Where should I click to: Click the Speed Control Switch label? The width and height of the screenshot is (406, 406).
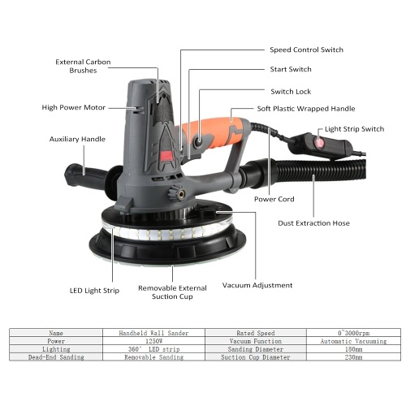[306, 50]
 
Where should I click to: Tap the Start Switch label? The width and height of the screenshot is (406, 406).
[291, 69]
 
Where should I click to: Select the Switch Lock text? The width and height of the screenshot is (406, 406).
[291, 92]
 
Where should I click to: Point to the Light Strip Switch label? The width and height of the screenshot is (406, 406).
[354, 129]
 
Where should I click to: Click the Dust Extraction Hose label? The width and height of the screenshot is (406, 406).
[313, 223]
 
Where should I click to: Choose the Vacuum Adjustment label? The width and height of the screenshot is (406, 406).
[257, 285]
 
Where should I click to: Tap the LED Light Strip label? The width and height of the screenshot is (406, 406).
[94, 291]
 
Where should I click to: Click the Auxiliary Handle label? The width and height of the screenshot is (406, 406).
[77, 139]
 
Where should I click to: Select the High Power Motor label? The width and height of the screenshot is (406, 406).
[73, 107]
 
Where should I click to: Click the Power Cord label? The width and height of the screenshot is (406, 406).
[274, 199]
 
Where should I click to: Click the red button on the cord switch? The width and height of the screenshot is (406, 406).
[319, 141]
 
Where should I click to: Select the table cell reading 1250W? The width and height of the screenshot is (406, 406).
[153, 341]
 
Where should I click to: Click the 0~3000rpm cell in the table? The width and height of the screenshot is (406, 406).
[353, 333]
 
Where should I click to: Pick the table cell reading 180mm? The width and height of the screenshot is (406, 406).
[353, 349]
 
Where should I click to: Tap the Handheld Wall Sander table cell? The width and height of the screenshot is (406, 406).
[153, 333]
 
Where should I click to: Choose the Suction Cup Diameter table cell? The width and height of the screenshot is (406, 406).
[256, 357]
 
